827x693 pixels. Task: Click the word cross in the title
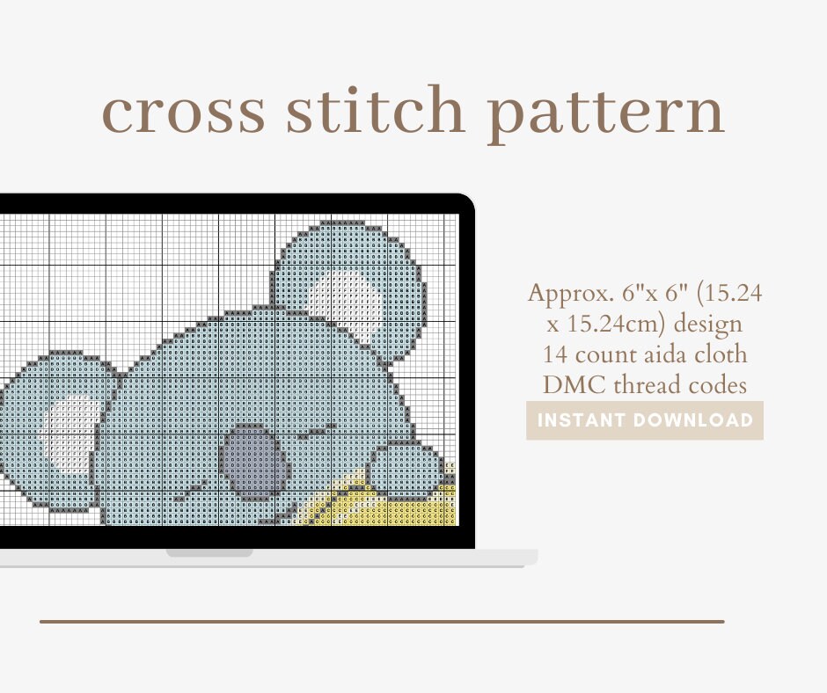click(x=183, y=112)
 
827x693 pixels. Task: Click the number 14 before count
click(x=557, y=354)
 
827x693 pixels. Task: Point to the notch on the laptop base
click(x=209, y=553)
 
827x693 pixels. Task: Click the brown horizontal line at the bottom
click(x=382, y=622)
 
